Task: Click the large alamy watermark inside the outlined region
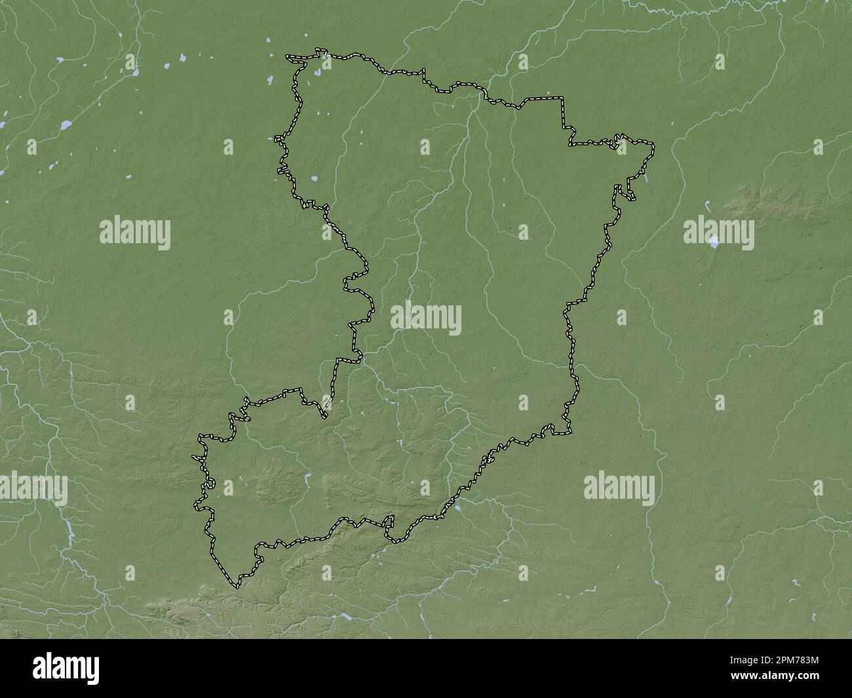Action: click(x=426, y=319)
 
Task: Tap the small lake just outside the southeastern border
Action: click(x=457, y=507)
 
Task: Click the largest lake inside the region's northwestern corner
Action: click(x=314, y=178)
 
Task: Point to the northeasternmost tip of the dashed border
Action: click(x=653, y=142)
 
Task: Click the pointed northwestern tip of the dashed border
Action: click(x=287, y=57)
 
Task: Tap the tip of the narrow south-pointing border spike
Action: click(x=324, y=416)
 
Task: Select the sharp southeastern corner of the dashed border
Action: click(x=570, y=433)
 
